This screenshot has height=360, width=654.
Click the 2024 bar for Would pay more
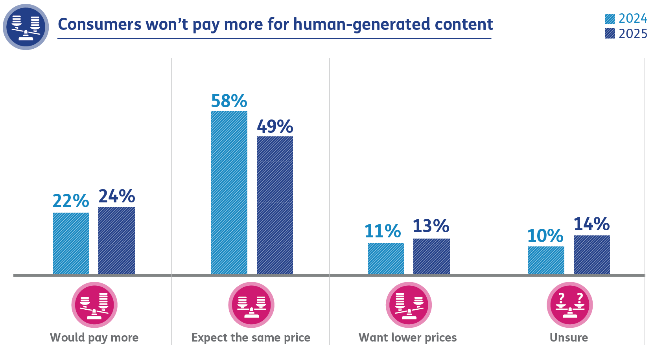pyautogui.click(x=71, y=243)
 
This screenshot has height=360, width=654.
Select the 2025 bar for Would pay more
pyautogui.click(x=116, y=240)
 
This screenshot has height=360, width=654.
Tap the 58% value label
pyautogui.click(x=229, y=101)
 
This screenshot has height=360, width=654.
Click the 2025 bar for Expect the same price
pyautogui.click(x=274, y=205)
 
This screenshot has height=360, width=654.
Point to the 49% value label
pyautogui.click(x=274, y=127)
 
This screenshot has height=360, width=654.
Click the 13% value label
pyautogui.click(x=431, y=226)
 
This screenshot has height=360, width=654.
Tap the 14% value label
pyautogui.click(x=591, y=224)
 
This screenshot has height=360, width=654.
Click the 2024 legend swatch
pyautogui.click(x=610, y=19)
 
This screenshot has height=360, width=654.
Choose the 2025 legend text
pyautogui.click(x=633, y=34)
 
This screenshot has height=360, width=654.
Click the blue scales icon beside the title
pyautogui.click(x=26, y=27)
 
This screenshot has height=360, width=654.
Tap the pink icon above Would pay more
pyautogui.click(x=94, y=305)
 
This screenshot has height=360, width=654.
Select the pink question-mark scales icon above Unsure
pyautogui.click(x=569, y=305)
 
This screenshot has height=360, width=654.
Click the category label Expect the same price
pyautogui.click(x=251, y=337)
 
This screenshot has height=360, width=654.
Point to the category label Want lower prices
pyautogui.click(x=407, y=337)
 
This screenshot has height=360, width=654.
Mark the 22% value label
pyautogui.click(x=71, y=201)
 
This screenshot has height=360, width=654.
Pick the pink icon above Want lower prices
pyautogui.click(x=409, y=305)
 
